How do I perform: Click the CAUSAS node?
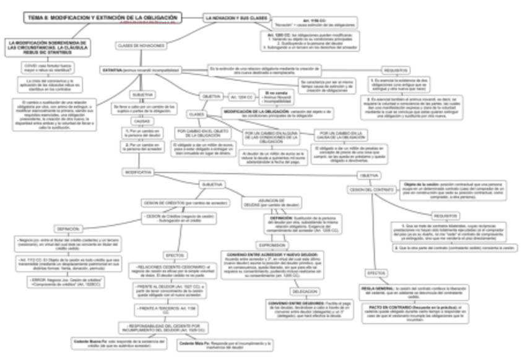pyautogui.click(x=142, y=121)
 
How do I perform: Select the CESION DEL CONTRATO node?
pyautogui.click(x=373, y=189)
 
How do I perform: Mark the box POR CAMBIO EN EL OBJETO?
pyautogui.click(x=202, y=134)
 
